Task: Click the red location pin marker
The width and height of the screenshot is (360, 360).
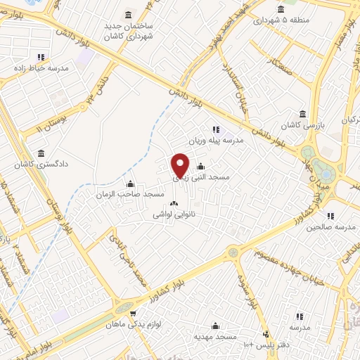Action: [x=181, y=165]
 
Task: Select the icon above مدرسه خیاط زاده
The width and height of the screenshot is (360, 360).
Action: [x=41, y=57]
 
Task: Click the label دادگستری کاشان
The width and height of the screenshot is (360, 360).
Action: [x=40, y=166]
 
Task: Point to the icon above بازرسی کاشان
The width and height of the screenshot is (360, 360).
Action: [x=302, y=114]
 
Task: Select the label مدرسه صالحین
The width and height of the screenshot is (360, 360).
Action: [x=332, y=228]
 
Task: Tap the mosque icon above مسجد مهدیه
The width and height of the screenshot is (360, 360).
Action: [x=215, y=326]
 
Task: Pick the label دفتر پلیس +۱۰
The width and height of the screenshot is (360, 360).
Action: [x=266, y=345]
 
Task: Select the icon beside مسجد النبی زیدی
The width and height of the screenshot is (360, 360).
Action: [x=201, y=167]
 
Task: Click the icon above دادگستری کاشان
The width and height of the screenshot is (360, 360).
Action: [x=40, y=153]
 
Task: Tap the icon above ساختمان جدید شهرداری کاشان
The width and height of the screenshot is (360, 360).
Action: [x=127, y=15]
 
